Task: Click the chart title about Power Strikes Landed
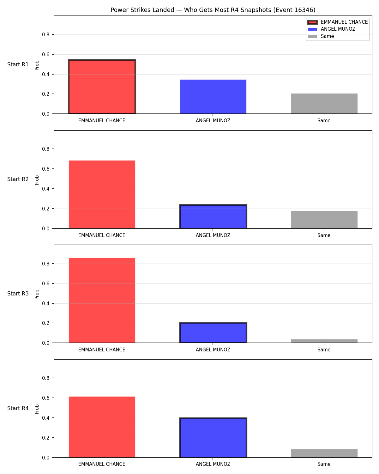[213, 10]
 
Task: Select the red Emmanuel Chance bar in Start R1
[102, 87]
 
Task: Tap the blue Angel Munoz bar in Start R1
[213, 97]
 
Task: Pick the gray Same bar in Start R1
[324, 104]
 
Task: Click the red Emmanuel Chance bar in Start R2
[102, 194]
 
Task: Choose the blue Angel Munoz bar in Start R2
[213, 216]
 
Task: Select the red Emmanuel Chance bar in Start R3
[102, 300]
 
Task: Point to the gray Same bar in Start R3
[324, 341]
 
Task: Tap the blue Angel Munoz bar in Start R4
[213, 437]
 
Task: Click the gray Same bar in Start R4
[324, 453]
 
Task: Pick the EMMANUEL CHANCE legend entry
[338, 22]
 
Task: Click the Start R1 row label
[18, 64]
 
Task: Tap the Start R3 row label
[18, 294]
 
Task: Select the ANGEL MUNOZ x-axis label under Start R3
[213, 349]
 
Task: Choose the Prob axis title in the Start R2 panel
[37, 180]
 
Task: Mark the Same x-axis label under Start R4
[324, 464]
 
